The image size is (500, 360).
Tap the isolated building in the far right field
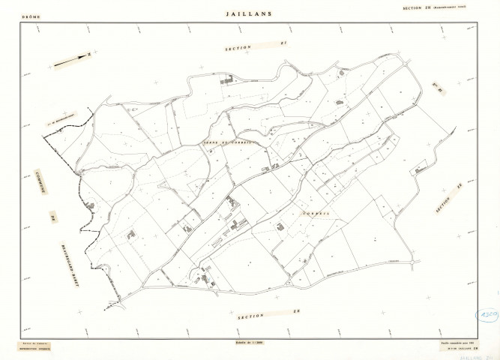417,171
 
